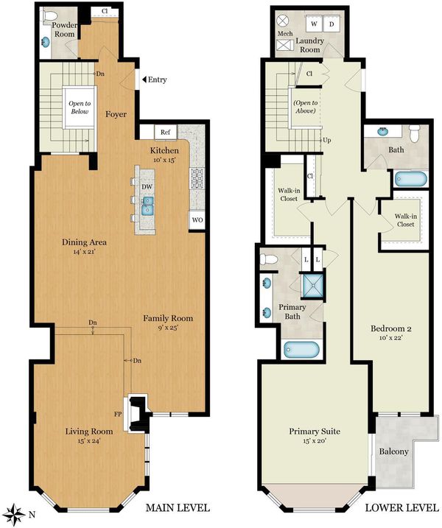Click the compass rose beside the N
click(x=15, y=514)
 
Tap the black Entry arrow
click(x=144, y=80)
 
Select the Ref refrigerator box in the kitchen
click(x=166, y=132)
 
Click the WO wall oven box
click(x=197, y=220)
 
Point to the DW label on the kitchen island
click(x=147, y=187)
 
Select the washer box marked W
click(x=314, y=24)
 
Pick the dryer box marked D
click(x=331, y=24)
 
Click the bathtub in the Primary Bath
click(x=301, y=350)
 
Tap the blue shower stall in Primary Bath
click(x=313, y=286)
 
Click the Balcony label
click(x=394, y=451)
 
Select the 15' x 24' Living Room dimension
click(x=89, y=440)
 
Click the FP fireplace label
click(x=118, y=414)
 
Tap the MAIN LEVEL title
click(x=178, y=507)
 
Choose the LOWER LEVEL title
click(x=402, y=507)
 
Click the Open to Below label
click(x=80, y=108)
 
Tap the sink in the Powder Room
click(x=46, y=43)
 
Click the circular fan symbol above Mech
click(x=283, y=21)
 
